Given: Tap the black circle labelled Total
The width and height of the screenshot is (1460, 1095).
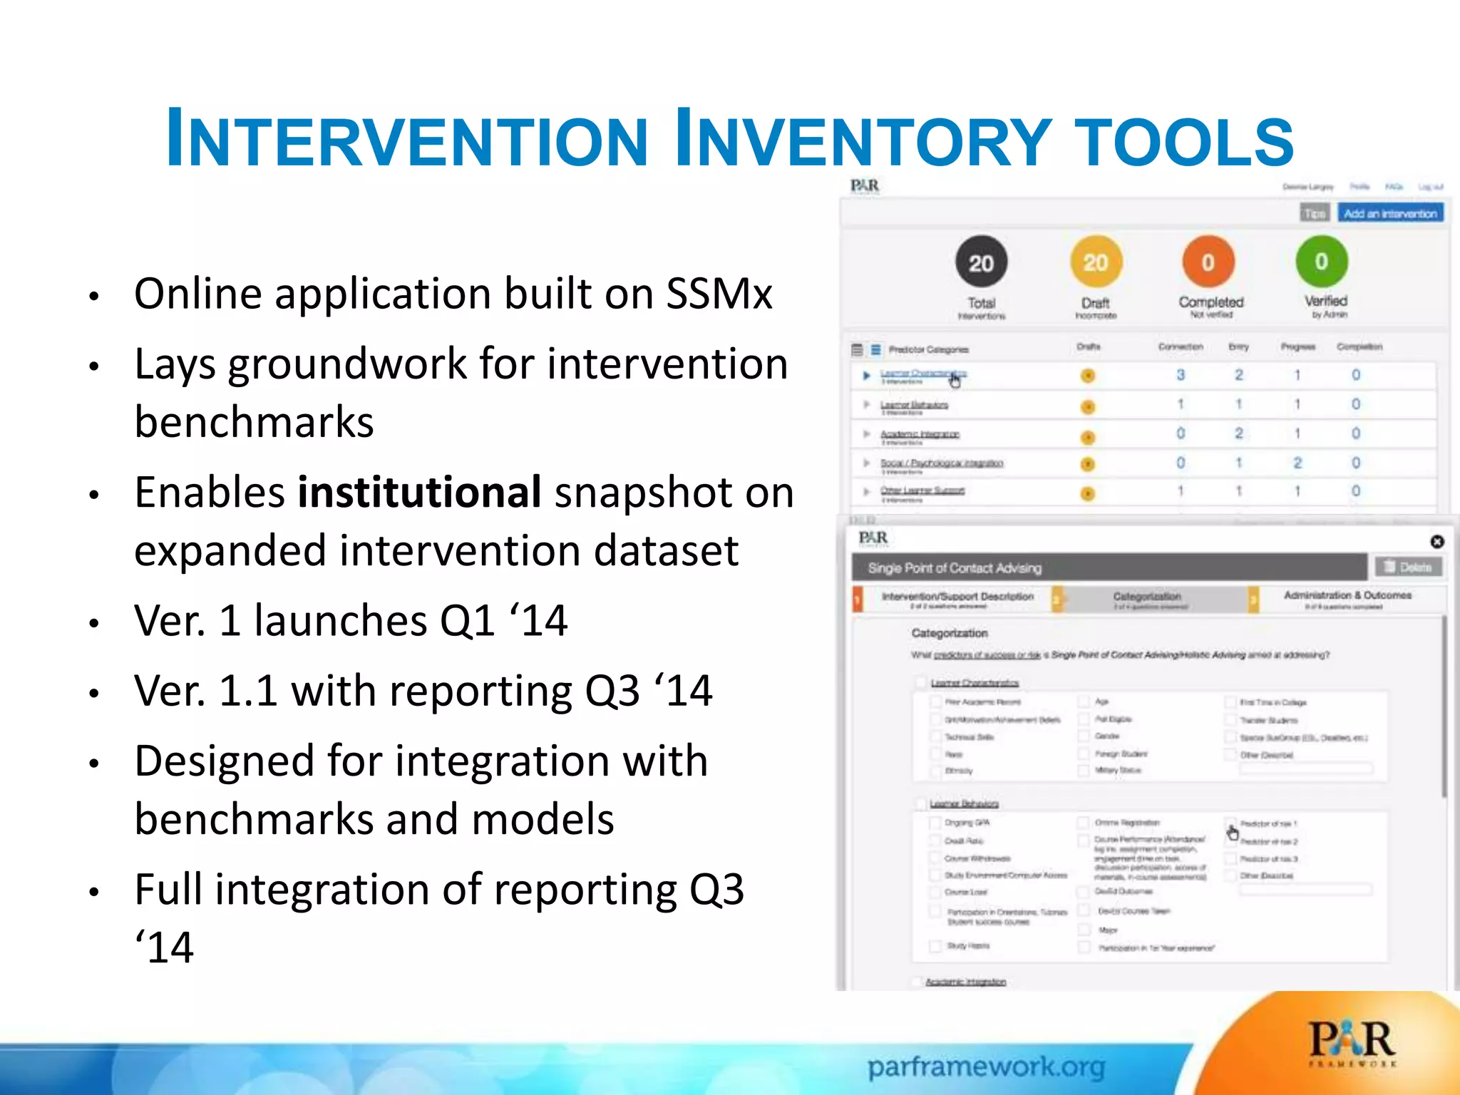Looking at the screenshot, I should (x=981, y=263).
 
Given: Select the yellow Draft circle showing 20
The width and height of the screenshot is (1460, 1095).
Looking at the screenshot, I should (x=1096, y=262).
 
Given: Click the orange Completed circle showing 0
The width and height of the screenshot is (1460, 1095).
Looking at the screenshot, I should (x=1208, y=262).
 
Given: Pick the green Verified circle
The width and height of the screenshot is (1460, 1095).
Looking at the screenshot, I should (x=1322, y=262).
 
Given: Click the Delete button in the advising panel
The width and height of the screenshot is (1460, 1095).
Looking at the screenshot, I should (x=1408, y=567).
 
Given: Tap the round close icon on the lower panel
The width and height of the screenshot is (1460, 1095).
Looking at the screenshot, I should (x=1437, y=542).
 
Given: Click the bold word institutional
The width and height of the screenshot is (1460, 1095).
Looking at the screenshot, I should (x=419, y=493).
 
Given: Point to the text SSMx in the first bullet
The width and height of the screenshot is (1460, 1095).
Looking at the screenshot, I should (x=719, y=294).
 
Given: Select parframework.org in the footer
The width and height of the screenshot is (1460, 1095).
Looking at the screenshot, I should (x=986, y=1067).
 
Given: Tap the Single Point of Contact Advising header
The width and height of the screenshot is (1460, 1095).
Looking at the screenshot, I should (x=955, y=568).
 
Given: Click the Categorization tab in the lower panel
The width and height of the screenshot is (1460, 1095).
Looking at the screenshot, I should (x=1146, y=597).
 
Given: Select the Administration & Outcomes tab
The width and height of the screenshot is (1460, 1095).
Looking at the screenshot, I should (x=1347, y=595).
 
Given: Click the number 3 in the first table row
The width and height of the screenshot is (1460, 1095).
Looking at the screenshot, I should (x=1181, y=375).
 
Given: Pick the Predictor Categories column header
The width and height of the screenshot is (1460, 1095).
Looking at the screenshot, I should (x=928, y=349).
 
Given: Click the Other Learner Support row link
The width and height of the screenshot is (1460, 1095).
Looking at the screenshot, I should (x=922, y=490).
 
